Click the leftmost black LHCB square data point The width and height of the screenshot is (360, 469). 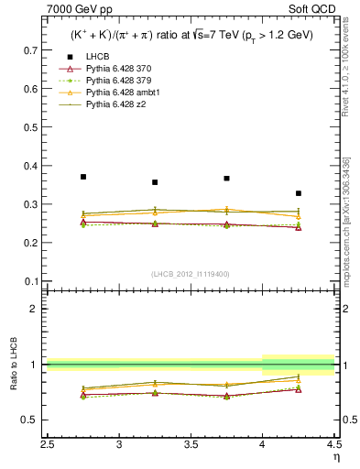[x=83, y=177]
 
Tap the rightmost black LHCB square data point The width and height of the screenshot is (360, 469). [x=299, y=193]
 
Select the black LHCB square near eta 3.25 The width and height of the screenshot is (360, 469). [x=155, y=182]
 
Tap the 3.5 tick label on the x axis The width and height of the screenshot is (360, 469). [x=191, y=446]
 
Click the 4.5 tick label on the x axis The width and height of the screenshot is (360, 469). [x=333, y=446]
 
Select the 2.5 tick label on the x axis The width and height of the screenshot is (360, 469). [x=48, y=446]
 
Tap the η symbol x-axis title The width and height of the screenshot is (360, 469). [x=335, y=458]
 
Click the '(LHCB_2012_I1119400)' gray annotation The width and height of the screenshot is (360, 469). [x=191, y=274]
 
